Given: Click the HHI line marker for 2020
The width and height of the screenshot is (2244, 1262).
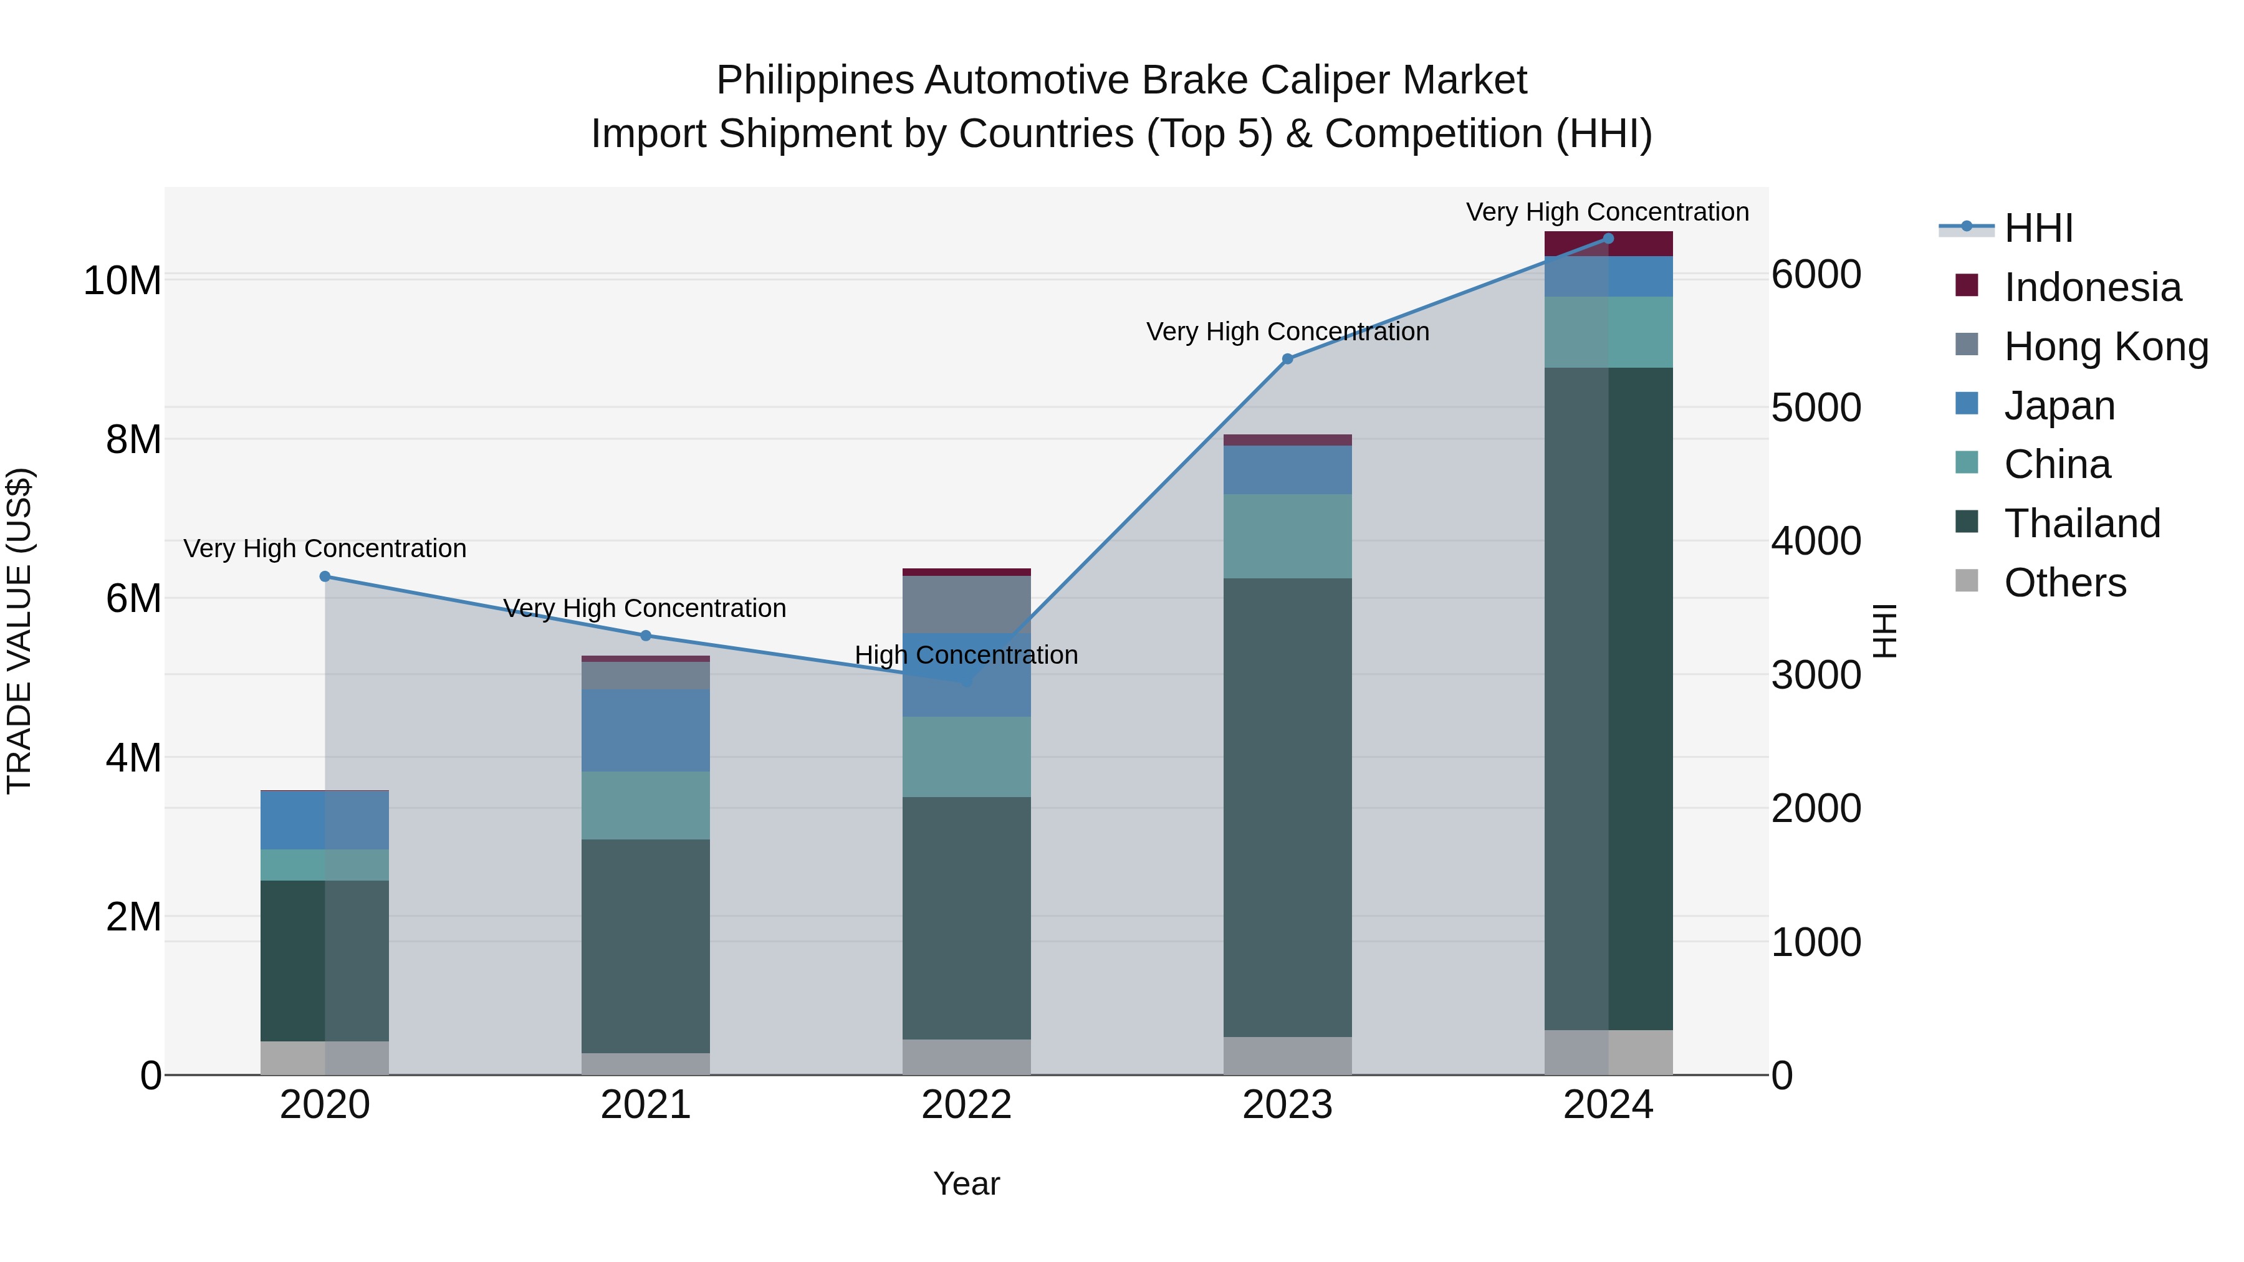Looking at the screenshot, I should coord(325,576).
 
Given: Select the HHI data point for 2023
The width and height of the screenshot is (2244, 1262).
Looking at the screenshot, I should coord(1288,359).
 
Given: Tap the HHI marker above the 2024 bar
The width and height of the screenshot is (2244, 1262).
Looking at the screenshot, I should coord(1608,239).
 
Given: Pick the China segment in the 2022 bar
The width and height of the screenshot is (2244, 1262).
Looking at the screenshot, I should coord(966,756).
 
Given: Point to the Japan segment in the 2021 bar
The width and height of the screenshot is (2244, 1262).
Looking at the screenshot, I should coord(646,730).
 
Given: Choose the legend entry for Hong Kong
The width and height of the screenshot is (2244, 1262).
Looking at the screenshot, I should coord(2106,347).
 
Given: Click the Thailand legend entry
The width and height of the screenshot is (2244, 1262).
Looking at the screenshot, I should coord(2081,523).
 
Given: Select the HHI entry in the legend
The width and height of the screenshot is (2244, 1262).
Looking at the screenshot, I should coord(2038,228).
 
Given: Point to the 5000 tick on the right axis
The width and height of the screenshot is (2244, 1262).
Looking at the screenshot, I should coord(1816,408).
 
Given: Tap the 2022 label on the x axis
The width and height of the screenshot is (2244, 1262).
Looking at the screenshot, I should coord(966,1105).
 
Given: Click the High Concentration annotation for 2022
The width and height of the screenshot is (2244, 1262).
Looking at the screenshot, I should coord(966,655).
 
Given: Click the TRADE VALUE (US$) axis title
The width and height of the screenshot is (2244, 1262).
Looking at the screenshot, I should coord(19,631).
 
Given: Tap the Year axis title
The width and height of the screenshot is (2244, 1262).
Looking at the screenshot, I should coord(966,1183).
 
